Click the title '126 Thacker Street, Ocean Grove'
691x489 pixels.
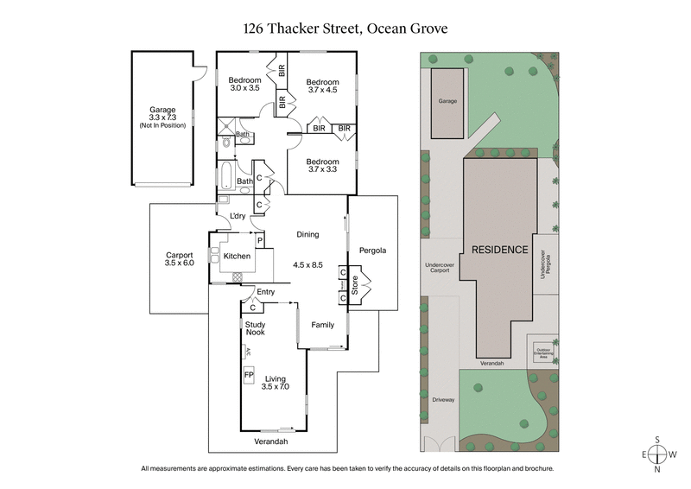[x=345, y=29]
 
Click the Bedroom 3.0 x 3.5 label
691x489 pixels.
[x=244, y=83]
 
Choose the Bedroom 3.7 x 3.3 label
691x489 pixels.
[x=322, y=166]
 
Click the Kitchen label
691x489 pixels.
[x=237, y=257]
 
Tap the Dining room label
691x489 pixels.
[x=307, y=234]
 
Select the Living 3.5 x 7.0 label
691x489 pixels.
[x=276, y=384]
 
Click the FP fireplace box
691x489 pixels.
[x=249, y=376]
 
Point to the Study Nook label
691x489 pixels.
[x=254, y=327]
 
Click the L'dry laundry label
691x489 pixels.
[x=238, y=216]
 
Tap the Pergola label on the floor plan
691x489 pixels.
[x=373, y=251]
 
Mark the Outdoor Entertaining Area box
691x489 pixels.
[x=542, y=352]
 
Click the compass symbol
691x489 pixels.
[x=658, y=454]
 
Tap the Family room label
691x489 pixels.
[x=322, y=325]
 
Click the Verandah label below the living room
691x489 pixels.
[x=270, y=441]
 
